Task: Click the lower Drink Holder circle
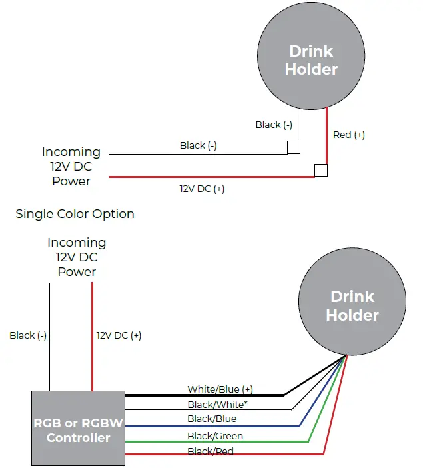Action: click(352, 306)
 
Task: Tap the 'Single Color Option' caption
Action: click(75, 214)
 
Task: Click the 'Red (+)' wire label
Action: click(348, 135)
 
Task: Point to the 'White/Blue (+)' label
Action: click(220, 389)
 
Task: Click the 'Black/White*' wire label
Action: click(218, 404)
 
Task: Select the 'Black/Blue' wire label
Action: click(212, 419)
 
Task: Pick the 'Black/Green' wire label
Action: click(215, 436)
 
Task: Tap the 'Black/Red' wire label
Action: click(211, 451)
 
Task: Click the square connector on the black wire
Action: click(293, 147)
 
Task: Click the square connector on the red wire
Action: click(321, 170)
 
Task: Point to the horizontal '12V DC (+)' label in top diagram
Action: click(202, 189)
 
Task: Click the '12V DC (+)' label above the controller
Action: click(119, 335)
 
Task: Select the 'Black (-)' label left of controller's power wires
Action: click(28, 335)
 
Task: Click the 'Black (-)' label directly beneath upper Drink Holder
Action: click(274, 125)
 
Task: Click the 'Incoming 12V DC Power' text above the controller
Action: click(77, 257)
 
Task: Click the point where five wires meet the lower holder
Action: click(346, 355)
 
